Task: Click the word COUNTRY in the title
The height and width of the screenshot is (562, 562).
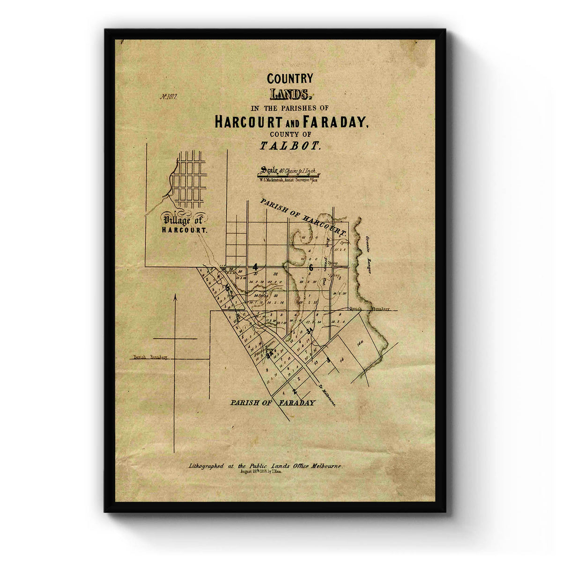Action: [x=290, y=79]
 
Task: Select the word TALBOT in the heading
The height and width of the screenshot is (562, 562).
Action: [x=290, y=146]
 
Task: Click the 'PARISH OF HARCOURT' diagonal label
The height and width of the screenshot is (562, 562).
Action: [x=303, y=216]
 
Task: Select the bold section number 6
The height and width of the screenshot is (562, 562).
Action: [x=311, y=267]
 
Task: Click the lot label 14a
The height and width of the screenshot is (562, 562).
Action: [x=360, y=344]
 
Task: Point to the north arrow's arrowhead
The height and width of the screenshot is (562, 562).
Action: [x=175, y=296]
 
